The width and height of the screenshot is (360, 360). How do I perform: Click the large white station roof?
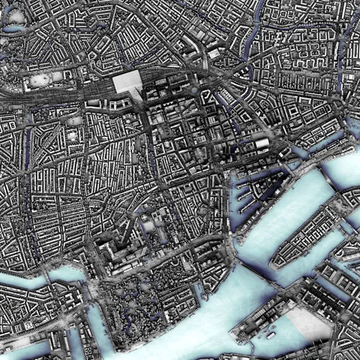point(128,82)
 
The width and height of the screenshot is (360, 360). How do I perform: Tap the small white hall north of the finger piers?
point(262,142)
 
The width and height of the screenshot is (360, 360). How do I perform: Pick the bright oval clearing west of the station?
point(45,79)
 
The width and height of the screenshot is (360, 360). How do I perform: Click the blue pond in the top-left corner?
point(13,29)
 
